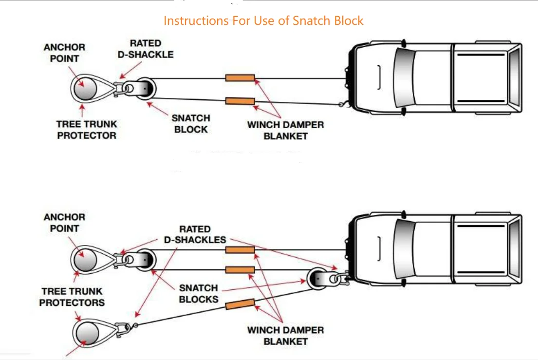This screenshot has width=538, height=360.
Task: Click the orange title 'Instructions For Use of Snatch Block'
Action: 263,20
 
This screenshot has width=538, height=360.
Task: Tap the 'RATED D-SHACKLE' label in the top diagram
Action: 146,49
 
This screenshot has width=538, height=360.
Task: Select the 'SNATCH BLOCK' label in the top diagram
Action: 191,124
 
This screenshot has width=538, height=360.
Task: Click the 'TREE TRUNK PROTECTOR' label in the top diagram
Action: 87,130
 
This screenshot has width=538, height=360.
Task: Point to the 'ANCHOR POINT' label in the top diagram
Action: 64,53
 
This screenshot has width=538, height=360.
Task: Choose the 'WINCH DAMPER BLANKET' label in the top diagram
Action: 285,130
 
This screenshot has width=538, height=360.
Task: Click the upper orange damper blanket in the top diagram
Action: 240,78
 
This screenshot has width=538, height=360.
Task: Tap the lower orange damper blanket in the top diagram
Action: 240,101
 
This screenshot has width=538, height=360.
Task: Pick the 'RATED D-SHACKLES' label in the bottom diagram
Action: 195,234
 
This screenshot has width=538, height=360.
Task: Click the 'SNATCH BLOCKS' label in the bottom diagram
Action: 199,293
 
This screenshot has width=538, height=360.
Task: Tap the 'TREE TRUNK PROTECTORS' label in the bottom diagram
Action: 72,297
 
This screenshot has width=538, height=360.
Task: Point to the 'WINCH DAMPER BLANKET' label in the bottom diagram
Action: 285,336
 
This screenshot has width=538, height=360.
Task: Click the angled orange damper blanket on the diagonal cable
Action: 240,303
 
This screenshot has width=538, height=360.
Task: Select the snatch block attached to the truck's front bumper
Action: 318,279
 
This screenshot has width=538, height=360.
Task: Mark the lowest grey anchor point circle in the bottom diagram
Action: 87,333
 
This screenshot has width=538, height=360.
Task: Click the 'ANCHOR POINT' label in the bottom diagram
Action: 64,223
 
